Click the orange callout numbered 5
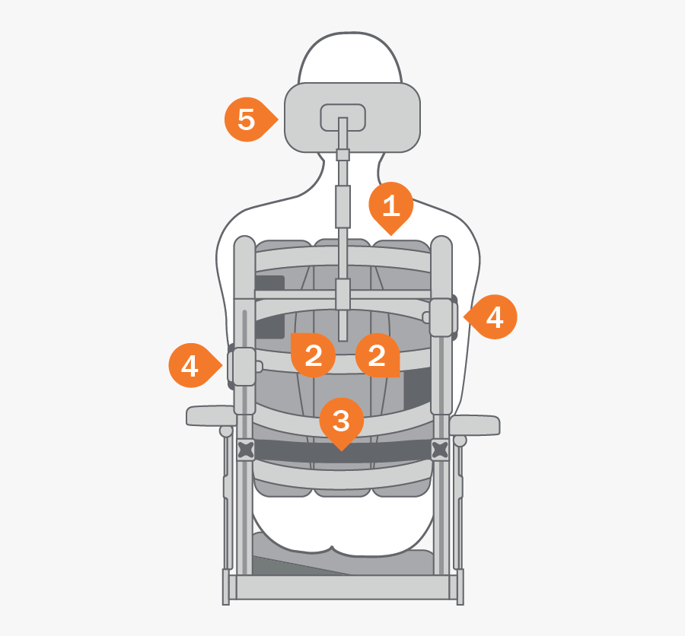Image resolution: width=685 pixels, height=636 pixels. pyautogui.click(x=247, y=119)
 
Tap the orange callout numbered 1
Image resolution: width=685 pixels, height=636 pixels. pyautogui.click(x=391, y=205)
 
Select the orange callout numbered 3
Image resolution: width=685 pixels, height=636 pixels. pyautogui.click(x=342, y=421)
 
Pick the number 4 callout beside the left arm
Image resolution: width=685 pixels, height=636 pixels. pyautogui.click(x=191, y=365)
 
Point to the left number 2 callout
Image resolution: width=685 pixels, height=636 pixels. pyautogui.click(x=313, y=355)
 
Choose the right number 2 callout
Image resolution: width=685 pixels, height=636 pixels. pyautogui.click(x=378, y=355)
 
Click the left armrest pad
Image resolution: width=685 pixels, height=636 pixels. pyautogui.click(x=211, y=415)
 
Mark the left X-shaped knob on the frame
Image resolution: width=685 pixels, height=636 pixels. pyautogui.click(x=246, y=450)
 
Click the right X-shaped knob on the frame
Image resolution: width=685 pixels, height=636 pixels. pyautogui.click(x=440, y=450)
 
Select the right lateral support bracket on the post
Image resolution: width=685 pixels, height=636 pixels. pyautogui.click(x=443, y=317)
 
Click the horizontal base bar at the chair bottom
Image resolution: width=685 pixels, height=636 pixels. pyautogui.click(x=343, y=587)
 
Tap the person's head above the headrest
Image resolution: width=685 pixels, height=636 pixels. pyautogui.click(x=349, y=58)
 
